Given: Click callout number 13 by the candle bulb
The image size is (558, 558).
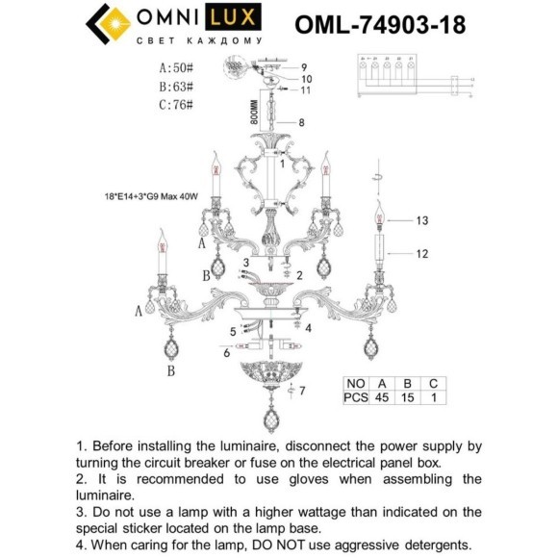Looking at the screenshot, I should (420, 220).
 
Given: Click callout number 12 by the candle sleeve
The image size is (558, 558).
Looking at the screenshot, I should (420, 255).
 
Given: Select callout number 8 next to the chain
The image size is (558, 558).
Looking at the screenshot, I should (301, 122).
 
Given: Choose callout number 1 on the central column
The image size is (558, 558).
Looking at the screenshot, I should (282, 164).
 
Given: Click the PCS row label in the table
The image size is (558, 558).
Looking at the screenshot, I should (353, 395).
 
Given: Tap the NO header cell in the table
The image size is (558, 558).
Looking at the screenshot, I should (353, 381).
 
